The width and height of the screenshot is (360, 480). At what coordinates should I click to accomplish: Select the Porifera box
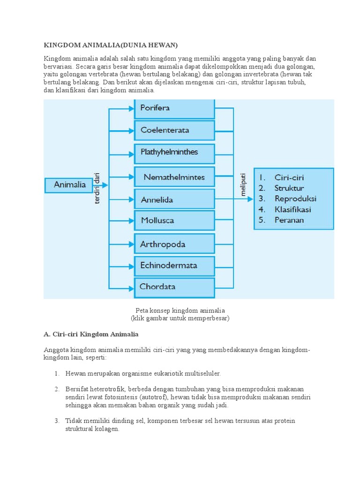pyautogui.click(x=174, y=108)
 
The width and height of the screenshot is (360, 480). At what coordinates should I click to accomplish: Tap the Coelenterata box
pyautogui.click(x=174, y=130)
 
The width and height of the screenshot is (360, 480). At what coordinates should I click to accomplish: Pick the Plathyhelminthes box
pyautogui.click(x=174, y=153)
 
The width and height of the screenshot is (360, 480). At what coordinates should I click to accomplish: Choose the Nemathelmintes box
pyautogui.click(x=174, y=178)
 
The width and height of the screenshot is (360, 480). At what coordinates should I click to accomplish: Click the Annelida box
pyautogui.click(x=174, y=200)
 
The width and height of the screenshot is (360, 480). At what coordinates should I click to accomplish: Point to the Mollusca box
pyautogui.click(x=174, y=220)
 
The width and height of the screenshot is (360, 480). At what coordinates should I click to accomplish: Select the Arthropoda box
pyautogui.click(x=174, y=244)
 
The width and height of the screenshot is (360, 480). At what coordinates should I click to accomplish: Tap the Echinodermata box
pyautogui.click(x=174, y=265)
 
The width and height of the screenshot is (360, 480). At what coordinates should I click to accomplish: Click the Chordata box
pyautogui.click(x=174, y=287)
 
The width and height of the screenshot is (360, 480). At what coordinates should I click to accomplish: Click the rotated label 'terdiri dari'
pyautogui.click(x=97, y=187)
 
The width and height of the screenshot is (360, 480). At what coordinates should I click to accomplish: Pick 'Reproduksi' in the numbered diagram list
pyautogui.click(x=295, y=199)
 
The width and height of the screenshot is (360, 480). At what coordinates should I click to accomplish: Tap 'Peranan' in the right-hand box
pyautogui.click(x=289, y=220)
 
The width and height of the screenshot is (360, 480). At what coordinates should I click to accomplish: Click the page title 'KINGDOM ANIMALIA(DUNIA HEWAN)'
pyautogui.click(x=111, y=45)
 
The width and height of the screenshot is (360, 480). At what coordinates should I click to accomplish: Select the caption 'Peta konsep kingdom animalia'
pyautogui.click(x=180, y=310)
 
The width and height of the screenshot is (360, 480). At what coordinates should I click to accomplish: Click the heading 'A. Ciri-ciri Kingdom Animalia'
pyautogui.click(x=91, y=334)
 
